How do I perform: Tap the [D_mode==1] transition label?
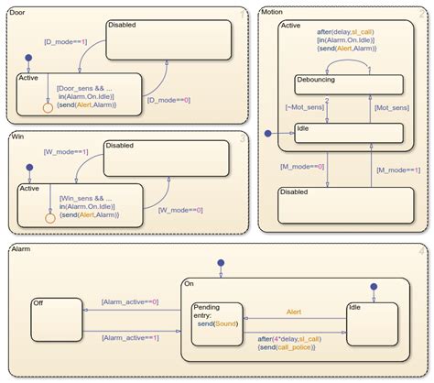click(x=65, y=42)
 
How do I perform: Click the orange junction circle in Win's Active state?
click(x=49, y=218)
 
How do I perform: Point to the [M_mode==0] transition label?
click(x=302, y=165)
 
